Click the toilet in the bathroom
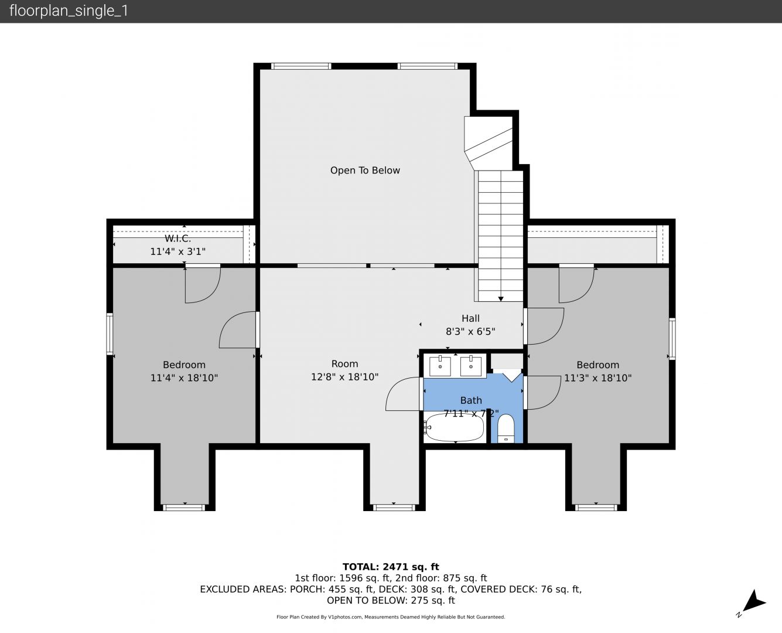pyautogui.click(x=506, y=428)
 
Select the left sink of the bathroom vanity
pyautogui.click(x=440, y=366)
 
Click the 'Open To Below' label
pyautogui.click(x=365, y=171)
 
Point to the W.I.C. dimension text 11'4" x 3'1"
pyautogui.click(x=177, y=251)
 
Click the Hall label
pyautogui.click(x=470, y=318)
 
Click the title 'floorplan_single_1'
pyautogui.click(x=69, y=11)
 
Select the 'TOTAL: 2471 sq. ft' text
pyautogui.click(x=391, y=567)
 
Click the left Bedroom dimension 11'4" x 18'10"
pyautogui.click(x=184, y=377)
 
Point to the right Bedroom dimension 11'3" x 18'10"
pyautogui.click(x=597, y=377)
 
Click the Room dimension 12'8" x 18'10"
pyautogui.click(x=344, y=377)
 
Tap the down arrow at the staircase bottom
pyautogui.click(x=501, y=299)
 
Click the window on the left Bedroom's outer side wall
pyautogui.click(x=110, y=333)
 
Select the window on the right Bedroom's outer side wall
pyautogui.click(x=672, y=339)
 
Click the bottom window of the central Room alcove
pyautogui.click(x=394, y=508)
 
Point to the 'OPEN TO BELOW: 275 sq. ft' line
pyautogui.click(x=391, y=600)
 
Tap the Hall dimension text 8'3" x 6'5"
pyautogui.click(x=470, y=331)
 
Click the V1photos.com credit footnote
pyautogui.click(x=391, y=617)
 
